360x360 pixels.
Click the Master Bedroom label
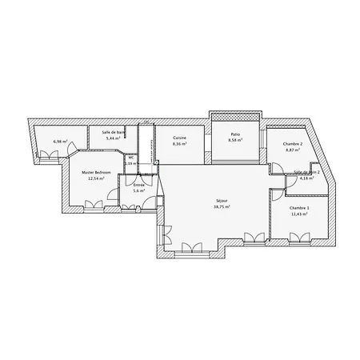point(95,172)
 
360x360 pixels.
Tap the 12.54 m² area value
point(95,178)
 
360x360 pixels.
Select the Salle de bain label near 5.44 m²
point(113,132)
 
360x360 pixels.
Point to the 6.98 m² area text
point(58,142)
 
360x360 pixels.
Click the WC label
point(130,158)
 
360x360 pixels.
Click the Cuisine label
point(180,138)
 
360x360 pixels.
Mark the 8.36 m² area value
point(180,144)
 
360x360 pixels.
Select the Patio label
point(236,134)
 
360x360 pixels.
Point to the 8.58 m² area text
point(236,141)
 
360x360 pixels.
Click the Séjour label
point(222,199)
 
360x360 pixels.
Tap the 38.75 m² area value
point(222,206)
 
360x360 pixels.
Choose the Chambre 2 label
point(291,143)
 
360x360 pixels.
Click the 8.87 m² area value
point(291,150)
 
